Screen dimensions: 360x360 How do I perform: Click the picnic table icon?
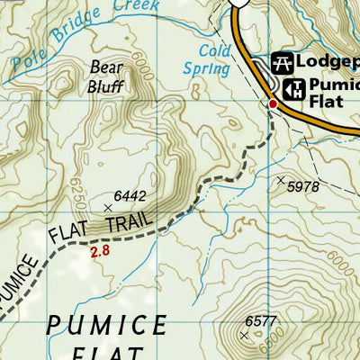tap(282, 63)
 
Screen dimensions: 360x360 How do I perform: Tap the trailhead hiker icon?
tap(293, 89)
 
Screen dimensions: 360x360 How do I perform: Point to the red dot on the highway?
tap(273, 104)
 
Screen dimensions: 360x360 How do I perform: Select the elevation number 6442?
tap(130, 195)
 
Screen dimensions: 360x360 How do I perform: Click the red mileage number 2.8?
tap(100, 252)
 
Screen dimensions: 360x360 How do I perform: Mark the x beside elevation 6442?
tap(109, 207)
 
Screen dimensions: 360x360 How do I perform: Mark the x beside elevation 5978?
tap(280, 180)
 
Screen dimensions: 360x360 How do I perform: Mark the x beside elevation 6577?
tap(244, 334)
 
